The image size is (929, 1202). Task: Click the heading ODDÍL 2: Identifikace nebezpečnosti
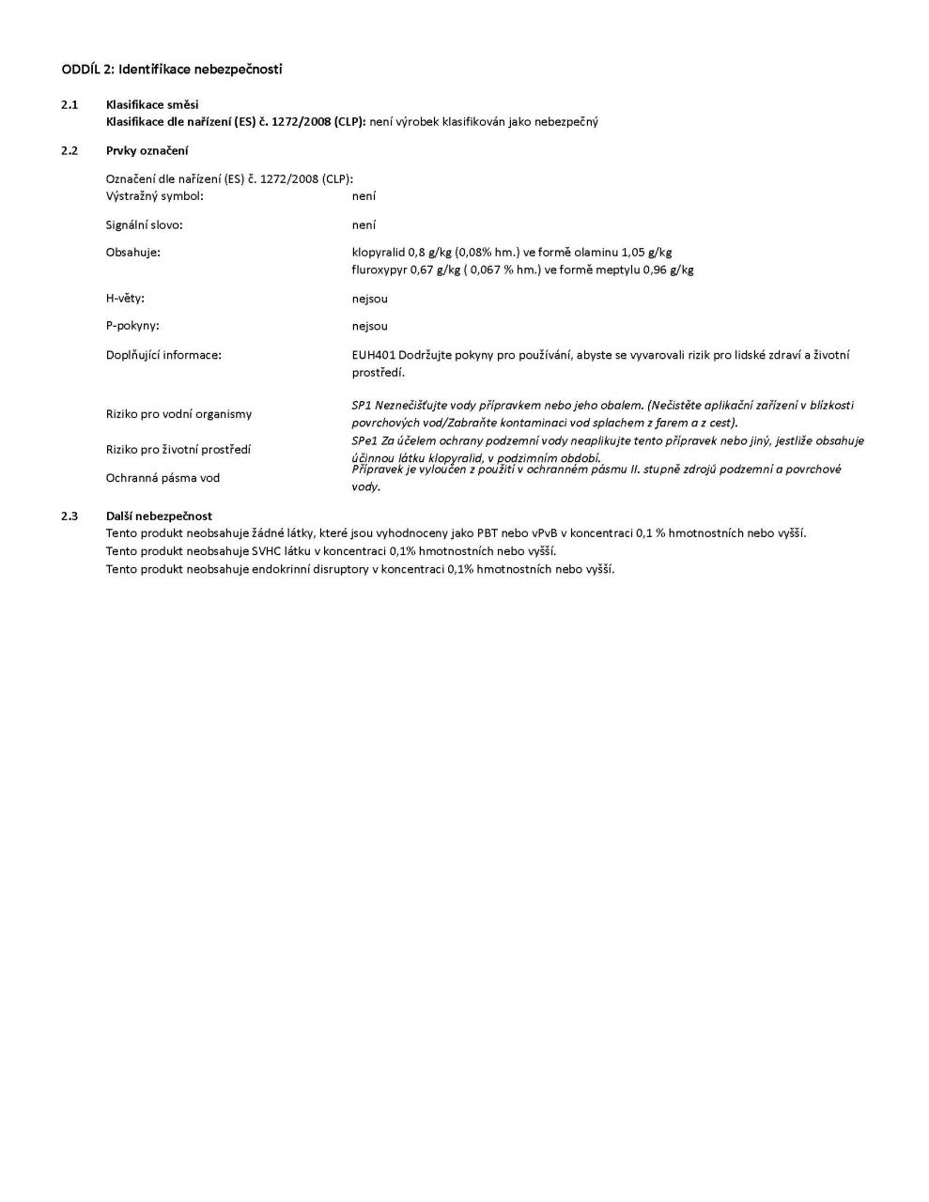point(172,69)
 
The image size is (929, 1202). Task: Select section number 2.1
point(70,104)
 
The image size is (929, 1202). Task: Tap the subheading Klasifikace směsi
point(152,104)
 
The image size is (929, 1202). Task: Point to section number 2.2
point(70,150)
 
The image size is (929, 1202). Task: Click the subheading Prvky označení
point(147,150)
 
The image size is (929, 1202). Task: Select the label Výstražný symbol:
point(155,196)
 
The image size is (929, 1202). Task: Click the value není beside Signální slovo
point(364,225)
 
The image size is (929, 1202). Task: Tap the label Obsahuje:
point(133,253)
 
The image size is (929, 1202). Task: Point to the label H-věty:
point(125,299)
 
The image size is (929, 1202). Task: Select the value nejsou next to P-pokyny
point(369,327)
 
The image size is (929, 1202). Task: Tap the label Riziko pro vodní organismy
point(178,414)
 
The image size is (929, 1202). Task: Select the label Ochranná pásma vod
point(163,478)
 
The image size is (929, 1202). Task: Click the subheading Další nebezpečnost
point(159,516)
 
